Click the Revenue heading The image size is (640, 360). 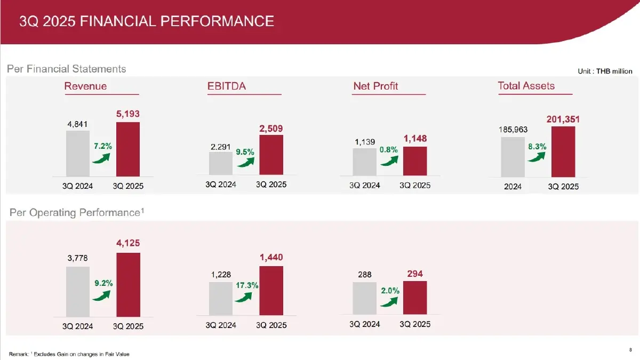click(85, 86)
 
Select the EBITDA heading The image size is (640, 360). click(227, 86)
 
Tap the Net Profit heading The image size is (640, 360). click(375, 86)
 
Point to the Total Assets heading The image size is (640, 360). click(526, 86)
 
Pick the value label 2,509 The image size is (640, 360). click(271, 129)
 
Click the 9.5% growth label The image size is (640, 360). click(245, 151)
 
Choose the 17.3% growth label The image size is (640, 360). click(247, 286)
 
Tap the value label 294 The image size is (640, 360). click(415, 274)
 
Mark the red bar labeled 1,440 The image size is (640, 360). click(271, 291)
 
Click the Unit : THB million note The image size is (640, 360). click(605, 71)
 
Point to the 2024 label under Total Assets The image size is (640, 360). click(513, 187)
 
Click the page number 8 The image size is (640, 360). click(631, 350)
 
